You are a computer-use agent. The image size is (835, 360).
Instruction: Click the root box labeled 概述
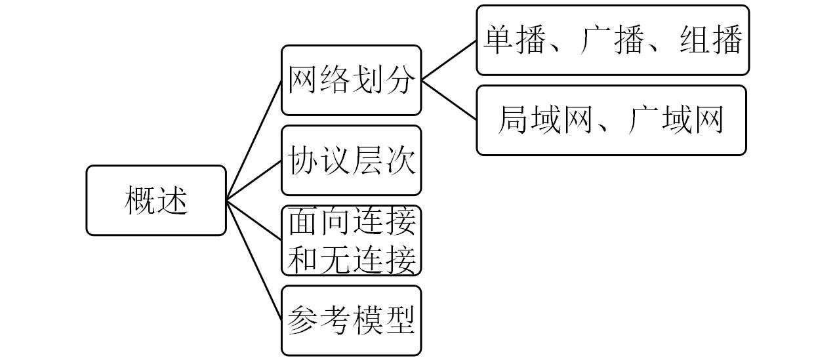tap(156, 200)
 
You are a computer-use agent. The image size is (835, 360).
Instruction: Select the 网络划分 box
tap(351, 80)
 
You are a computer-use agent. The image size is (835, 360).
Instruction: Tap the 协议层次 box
tap(351, 160)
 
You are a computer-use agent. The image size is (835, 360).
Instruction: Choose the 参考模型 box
tap(351, 320)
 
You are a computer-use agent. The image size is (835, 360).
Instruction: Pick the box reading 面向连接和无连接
tap(351, 241)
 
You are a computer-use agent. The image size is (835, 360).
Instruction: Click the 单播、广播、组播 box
tap(612, 40)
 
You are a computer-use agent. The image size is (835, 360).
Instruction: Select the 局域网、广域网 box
tap(611, 120)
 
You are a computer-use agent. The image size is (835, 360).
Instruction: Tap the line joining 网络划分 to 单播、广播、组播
tap(449, 60)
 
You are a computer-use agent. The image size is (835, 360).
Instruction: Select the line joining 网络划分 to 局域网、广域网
tap(449, 100)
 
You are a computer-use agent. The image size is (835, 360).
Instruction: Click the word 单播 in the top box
tap(516, 40)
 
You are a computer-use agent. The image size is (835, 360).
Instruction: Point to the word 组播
tap(710, 40)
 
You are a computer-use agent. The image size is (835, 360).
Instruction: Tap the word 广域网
tap(676, 120)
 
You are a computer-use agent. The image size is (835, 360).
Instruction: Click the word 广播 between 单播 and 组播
tap(612, 40)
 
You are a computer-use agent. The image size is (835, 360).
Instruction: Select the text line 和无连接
tap(352, 259)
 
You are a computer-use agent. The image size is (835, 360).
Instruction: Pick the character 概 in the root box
tap(140, 200)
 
